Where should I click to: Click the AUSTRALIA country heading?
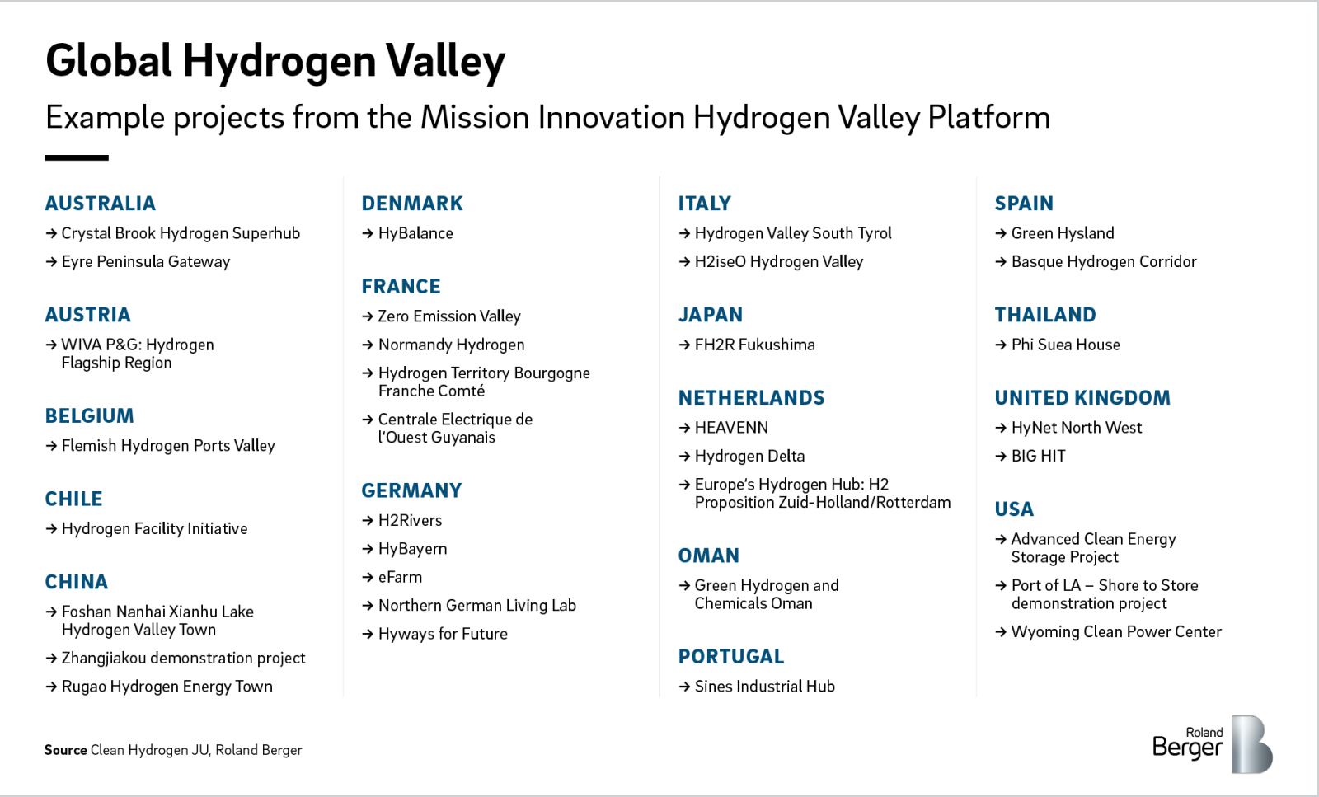[x=100, y=204]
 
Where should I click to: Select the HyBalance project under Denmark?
[x=415, y=233]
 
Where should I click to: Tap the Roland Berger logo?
[x=1212, y=744]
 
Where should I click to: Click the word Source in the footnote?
[x=65, y=750]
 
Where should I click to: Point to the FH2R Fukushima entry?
[x=754, y=345]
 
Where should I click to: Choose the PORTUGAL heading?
[x=730, y=657]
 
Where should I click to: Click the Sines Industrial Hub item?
[x=764, y=687]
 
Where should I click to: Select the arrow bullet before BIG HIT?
[x=1001, y=456]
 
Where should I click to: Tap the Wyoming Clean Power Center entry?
[x=1115, y=632]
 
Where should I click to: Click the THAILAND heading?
[x=1044, y=315]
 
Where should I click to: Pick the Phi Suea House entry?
[x=1065, y=345]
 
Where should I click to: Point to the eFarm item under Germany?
[x=400, y=578]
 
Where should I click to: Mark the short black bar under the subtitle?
[x=77, y=157]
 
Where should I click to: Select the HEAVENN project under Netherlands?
[x=731, y=428]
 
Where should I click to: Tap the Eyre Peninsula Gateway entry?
[x=145, y=262]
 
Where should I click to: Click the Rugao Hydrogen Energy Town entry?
[x=167, y=687]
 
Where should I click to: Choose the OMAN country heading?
[x=708, y=556]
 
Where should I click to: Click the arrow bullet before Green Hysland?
[x=1001, y=234]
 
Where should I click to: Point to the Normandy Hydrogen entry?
[x=451, y=345]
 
